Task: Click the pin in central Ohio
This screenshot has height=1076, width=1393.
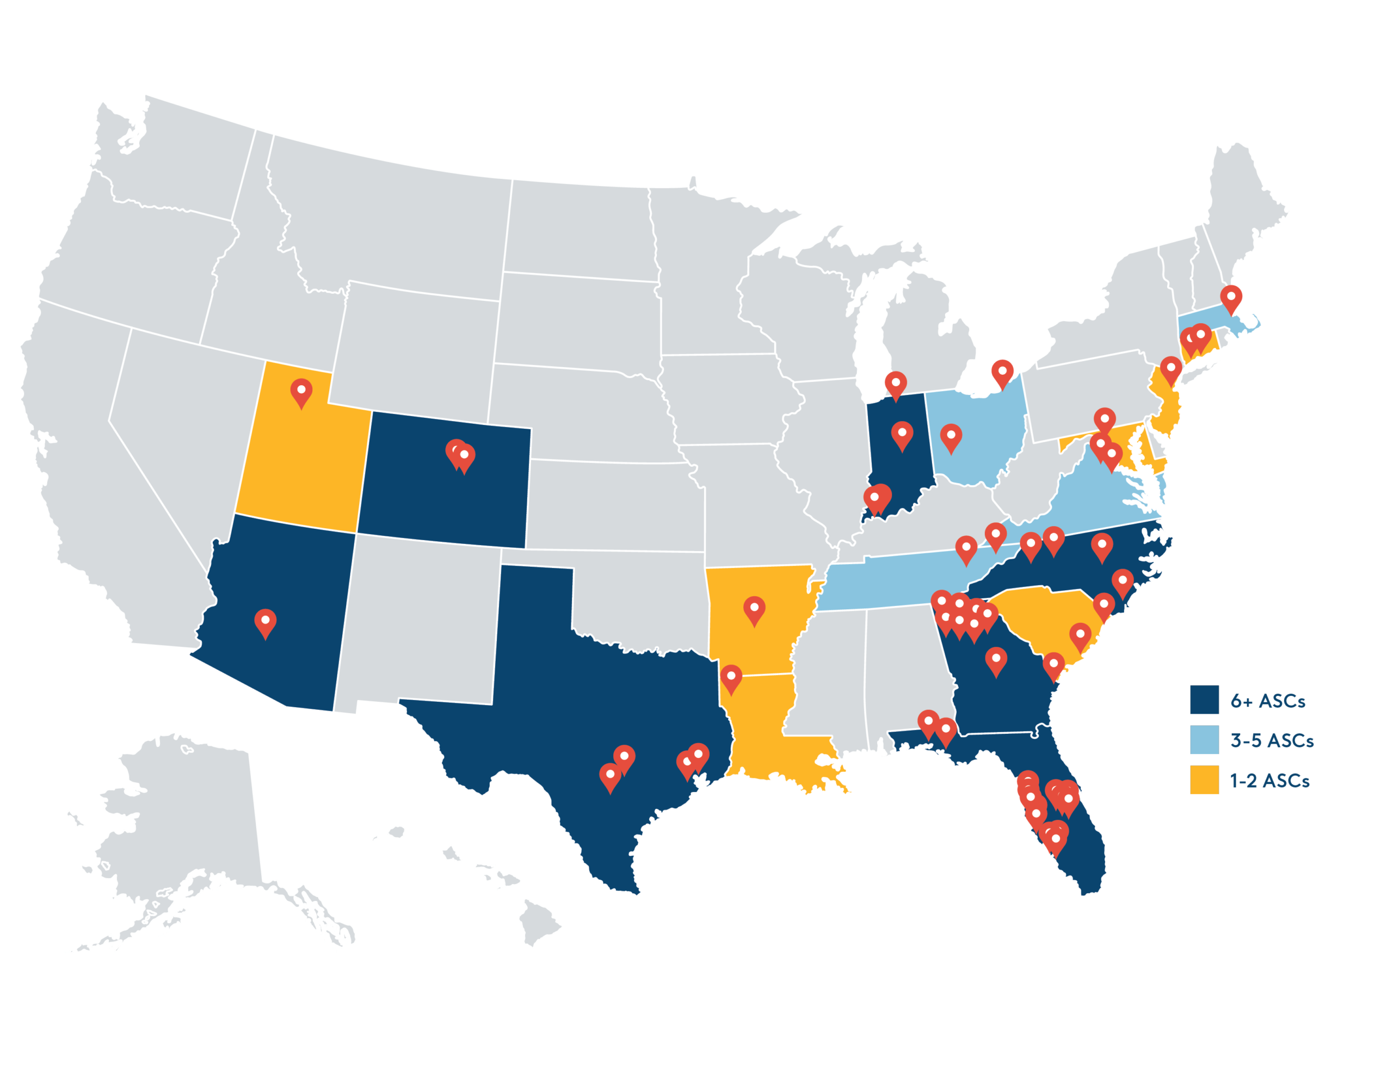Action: click(x=951, y=437)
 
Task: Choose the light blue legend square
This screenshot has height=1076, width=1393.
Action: click(x=1204, y=740)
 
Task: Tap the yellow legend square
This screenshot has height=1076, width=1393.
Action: click(x=1204, y=780)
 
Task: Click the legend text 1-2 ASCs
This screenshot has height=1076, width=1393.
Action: click(x=1269, y=781)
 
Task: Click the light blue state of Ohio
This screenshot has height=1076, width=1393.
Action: click(x=976, y=459)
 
